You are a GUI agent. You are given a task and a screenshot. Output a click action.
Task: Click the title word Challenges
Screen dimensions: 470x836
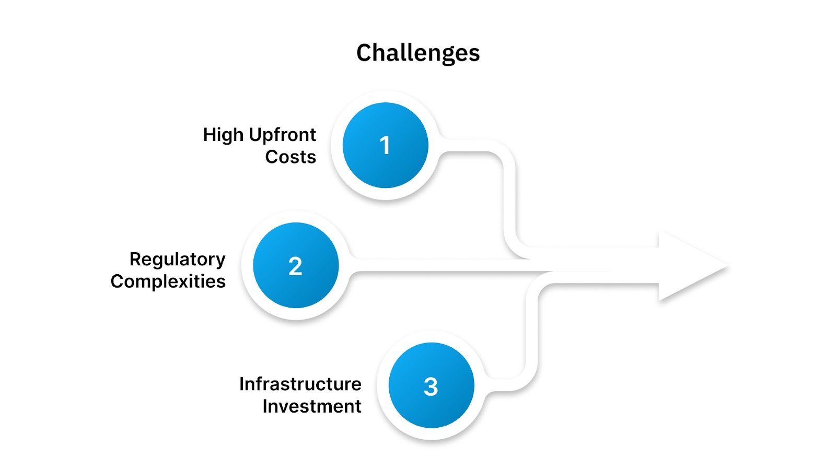click(x=418, y=53)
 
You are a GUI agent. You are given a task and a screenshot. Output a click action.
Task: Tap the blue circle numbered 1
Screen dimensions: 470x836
click(x=386, y=145)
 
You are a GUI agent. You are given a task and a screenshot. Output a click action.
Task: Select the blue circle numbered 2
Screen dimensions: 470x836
click(x=296, y=265)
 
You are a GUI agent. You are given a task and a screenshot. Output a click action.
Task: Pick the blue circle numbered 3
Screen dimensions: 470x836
click(x=432, y=385)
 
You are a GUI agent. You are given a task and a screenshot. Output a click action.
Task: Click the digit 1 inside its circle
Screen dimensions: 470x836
click(x=385, y=145)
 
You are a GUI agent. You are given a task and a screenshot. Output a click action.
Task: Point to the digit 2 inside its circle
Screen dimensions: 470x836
click(x=295, y=266)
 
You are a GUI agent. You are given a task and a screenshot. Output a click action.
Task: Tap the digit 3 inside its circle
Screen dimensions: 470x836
click(x=431, y=387)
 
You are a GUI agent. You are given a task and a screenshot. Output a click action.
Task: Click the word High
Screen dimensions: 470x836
click(x=223, y=135)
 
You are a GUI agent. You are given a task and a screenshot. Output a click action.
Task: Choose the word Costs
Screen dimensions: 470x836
click(x=291, y=157)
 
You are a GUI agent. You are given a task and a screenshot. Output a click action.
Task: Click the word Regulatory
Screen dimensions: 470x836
click(x=178, y=260)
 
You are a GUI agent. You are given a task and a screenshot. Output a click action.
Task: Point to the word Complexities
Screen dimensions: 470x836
click(x=168, y=281)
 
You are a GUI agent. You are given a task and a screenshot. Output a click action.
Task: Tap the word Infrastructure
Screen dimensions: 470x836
click(x=300, y=384)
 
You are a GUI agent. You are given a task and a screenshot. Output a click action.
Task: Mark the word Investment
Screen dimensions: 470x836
click(x=312, y=406)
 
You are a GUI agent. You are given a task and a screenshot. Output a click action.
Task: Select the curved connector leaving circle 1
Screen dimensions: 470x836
click(x=509, y=198)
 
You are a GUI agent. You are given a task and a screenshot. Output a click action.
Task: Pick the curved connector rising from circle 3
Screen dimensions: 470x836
click(x=530, y=334)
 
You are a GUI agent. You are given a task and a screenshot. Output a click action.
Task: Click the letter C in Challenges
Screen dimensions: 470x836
click(x=364, y=53)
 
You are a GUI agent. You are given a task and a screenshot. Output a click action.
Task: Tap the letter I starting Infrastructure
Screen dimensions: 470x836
click(x=242, y=384)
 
